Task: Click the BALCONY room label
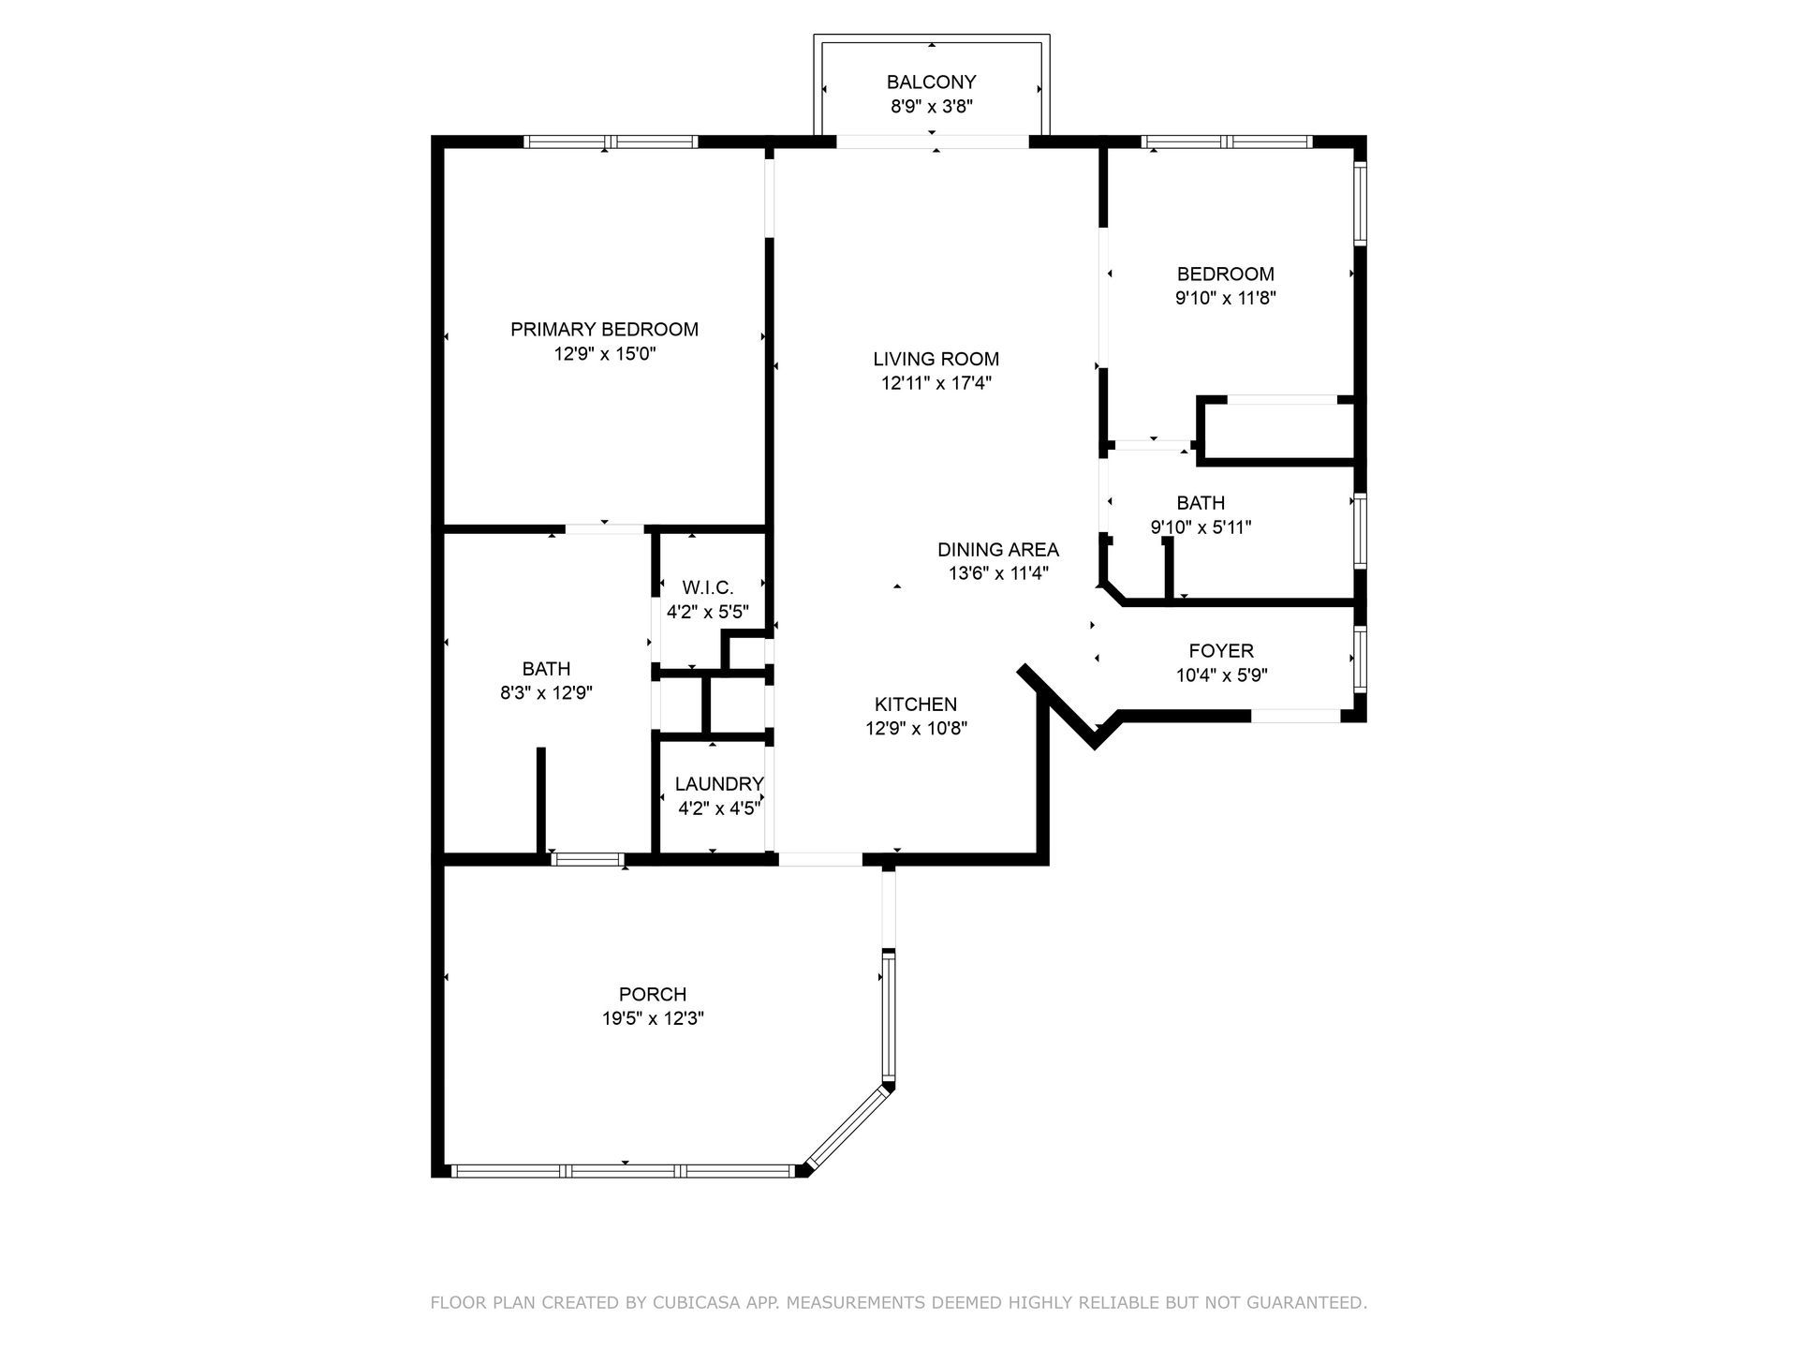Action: pyautogui.click(x=931, y=82)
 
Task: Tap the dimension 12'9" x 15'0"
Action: pyautogui.click(x=604, y=354)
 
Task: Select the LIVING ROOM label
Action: pyautogui.click(x=936, y=359)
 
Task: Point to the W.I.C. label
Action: pyautogui.click(x=707, y=587)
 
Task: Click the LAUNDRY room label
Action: pyautogui.click(x=719, y=784)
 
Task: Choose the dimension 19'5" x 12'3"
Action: pyautogui.click(x=653, y=1018)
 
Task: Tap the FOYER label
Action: pyautogui.click(x=1220, y=650)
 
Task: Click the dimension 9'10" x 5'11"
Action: pyautogui.click(x=1201, y=527)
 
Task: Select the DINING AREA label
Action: pyautogui.click(x=997, y=550)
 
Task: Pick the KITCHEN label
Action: pyautogui.click(x=915, y=704)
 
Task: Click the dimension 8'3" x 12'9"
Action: pyautogui.click(x=546, y=693)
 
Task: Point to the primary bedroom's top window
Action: pyautogui.click(x=610, y=142)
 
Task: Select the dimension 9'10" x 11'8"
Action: pyautogui.click(x=1225, y=299)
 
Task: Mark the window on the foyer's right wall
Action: pyautogui.click(x=1360, y=660)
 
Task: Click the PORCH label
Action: pyautogui.click(x=653, y=994)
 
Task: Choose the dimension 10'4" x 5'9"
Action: pyautogui.click(x=1221, y=675)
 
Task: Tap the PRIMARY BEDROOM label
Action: pyautogui.click(x=604, y=330)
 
